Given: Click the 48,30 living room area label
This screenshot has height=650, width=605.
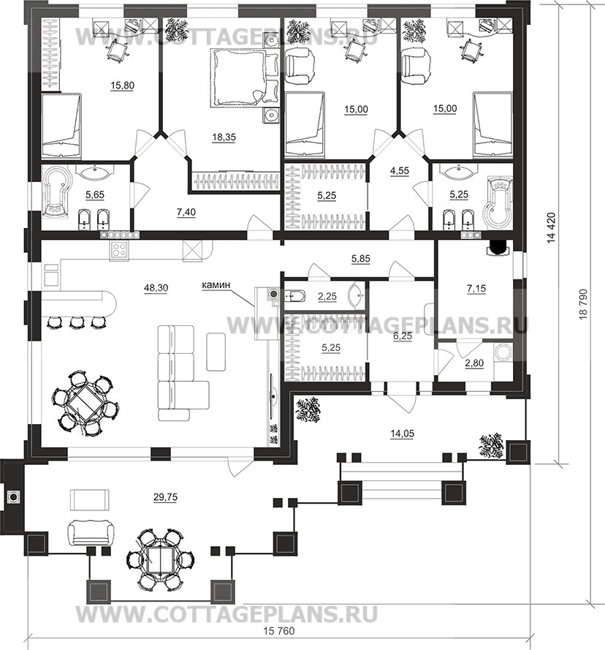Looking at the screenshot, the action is tap(156, 287).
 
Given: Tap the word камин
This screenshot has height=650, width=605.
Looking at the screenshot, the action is tap(216, 285).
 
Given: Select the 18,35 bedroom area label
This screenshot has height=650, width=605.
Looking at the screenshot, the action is tap(224, 137).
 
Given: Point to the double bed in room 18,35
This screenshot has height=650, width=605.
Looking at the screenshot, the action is tap(238, 78).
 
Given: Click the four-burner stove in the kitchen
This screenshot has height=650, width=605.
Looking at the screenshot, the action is tap(119, 250).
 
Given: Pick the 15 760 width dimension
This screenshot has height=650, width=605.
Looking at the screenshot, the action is tap(279, 631).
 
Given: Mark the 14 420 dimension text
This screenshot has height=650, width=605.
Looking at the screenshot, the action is tap(551, 227).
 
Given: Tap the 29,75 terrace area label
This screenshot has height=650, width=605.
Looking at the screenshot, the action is tap(165, 497).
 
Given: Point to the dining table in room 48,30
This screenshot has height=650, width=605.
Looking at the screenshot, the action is tap(85, 403).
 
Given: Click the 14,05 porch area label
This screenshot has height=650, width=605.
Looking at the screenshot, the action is tap(402, 434).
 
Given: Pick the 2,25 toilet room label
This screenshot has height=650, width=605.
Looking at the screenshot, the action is tap(327, 297).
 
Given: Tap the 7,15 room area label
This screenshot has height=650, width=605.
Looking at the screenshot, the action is tap(476, 289).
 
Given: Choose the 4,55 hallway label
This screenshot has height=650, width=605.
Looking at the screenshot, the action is tap(400, 171).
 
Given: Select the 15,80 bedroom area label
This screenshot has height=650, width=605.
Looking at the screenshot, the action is tap(122, 86).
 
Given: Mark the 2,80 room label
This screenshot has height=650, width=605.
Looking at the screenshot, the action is tap(474, 363).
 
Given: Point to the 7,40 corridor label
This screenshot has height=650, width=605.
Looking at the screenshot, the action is tap(186, 213).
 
